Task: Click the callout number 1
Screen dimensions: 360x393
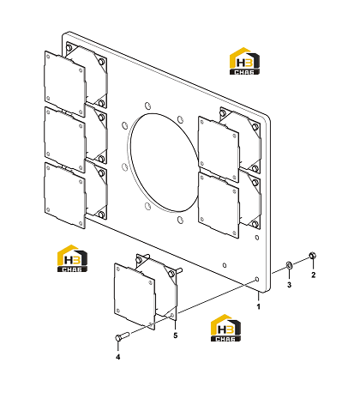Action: [259, 306]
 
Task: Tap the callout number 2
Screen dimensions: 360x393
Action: [314, 275]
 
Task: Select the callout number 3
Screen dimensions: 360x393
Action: [289, 285]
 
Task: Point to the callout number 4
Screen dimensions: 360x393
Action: [118, 357]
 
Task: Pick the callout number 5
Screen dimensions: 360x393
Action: [176, 336]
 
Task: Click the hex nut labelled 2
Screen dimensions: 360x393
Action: [313, 255]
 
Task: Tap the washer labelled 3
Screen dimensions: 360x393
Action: [289, 266]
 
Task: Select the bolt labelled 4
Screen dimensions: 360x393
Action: [123, 336]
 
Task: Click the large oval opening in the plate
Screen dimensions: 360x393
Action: [164, 162]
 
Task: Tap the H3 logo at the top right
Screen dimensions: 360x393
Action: [244, 61]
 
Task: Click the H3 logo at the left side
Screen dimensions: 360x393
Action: [73, 258]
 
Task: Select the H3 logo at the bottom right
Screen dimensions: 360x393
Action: [225, 328]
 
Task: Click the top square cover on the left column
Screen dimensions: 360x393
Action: [65, 84]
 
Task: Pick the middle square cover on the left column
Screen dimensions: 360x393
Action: [65, 140]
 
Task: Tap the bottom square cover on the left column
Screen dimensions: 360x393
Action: [65, 196]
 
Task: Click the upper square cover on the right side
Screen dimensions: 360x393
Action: [219, 149]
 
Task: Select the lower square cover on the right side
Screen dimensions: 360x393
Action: [219, 205]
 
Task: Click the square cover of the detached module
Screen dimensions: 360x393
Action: [135, 296]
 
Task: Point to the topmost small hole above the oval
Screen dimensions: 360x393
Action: [147, 106]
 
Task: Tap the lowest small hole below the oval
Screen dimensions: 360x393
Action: [180, 220]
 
